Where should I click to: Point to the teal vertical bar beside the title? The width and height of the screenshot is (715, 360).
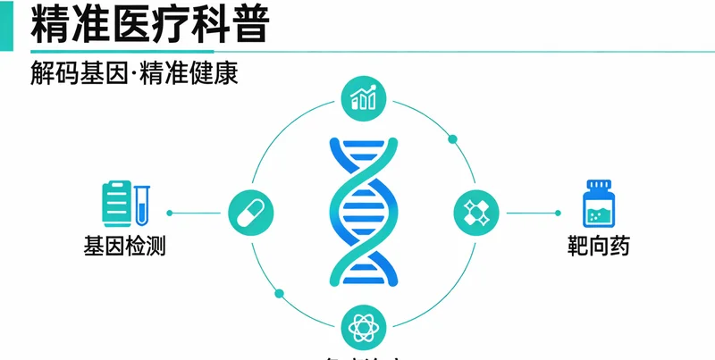tap(6, 24)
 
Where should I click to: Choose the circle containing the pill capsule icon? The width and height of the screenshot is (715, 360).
tap(251, 213)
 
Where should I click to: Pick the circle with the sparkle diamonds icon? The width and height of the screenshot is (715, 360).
tap(475, 213)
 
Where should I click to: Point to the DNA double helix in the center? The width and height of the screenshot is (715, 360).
tap(363, 212)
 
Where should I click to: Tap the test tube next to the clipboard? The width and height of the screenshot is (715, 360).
tap(143, 204)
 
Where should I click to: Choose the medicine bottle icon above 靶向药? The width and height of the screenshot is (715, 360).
tap(598, 204)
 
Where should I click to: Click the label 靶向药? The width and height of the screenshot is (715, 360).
tap(598, 245)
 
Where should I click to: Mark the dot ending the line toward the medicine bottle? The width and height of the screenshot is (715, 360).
tap(559, 213)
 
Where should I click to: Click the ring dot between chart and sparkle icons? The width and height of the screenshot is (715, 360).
tap(452, 138)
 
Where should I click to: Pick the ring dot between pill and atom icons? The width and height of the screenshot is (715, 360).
tap(279, 292)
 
